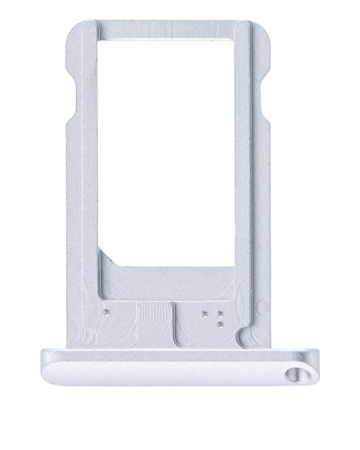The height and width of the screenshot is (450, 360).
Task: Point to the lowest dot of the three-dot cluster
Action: tap(219, 323)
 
